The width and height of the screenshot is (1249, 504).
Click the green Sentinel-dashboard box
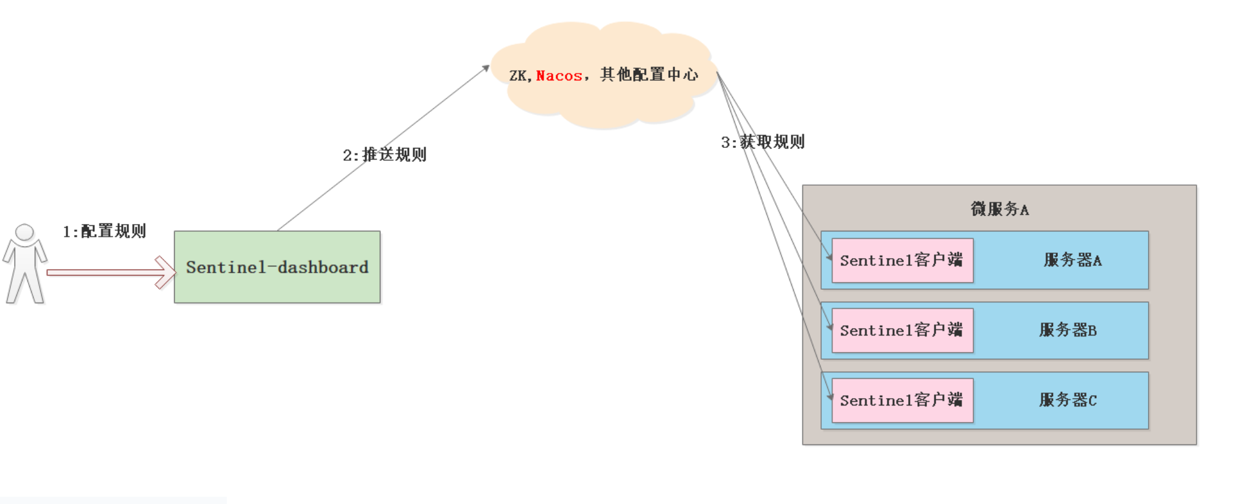point(277,267)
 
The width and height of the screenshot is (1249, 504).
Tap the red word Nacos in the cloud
point(558,76)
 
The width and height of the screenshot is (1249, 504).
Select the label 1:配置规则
point(104,231)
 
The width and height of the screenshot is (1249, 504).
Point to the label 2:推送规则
point(384,155)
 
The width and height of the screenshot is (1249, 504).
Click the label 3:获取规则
point(763,142)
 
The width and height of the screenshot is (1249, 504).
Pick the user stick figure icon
point(24,265)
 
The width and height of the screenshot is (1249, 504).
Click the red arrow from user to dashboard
point(103,272)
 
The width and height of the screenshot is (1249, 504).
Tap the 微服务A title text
point(999,209)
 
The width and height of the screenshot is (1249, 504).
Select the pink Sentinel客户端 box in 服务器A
point(901,261)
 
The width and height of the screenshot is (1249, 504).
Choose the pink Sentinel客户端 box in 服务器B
point(901,331)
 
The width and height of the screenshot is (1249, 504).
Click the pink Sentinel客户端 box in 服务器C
point(901,401)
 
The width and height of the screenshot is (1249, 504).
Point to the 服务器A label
point(1072,261)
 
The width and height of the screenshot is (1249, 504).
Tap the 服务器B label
point(1068,331)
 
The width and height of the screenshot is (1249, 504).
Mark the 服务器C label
point(1068,401)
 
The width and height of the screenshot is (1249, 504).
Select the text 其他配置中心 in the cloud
point(649,75)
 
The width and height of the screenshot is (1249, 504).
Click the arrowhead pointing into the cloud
point(486,68)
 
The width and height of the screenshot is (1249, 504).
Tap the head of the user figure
point(24,232)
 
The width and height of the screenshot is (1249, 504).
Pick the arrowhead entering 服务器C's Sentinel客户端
point(830,397)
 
